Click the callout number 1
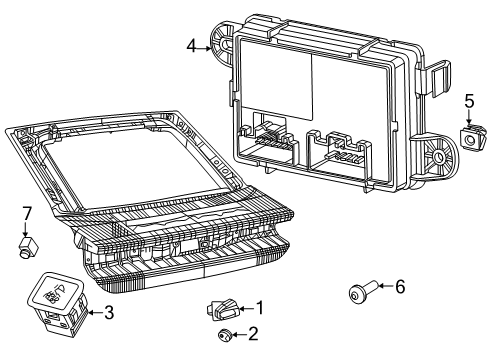[260, 308]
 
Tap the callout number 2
[252, 334]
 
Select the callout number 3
[109, 313]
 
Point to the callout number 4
[191, 44]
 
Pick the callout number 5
[469, 101]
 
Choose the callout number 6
[400, 286]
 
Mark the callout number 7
[27, 212]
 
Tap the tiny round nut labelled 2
[225, 334]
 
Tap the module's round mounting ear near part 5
[438, 155]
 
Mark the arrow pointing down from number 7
[27, 228]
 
